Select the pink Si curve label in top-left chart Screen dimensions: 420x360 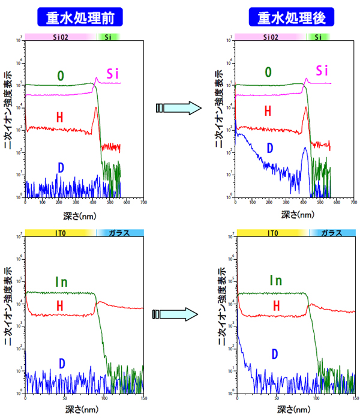(114, 74)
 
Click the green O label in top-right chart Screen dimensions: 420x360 (268, 73)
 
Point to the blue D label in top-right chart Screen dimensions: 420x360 (270, 148)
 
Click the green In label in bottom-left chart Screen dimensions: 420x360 (62, 281)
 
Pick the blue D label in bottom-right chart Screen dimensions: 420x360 (275, 354)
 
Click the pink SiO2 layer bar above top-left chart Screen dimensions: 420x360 (60, 37)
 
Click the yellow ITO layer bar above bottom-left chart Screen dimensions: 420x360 (59, 232)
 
